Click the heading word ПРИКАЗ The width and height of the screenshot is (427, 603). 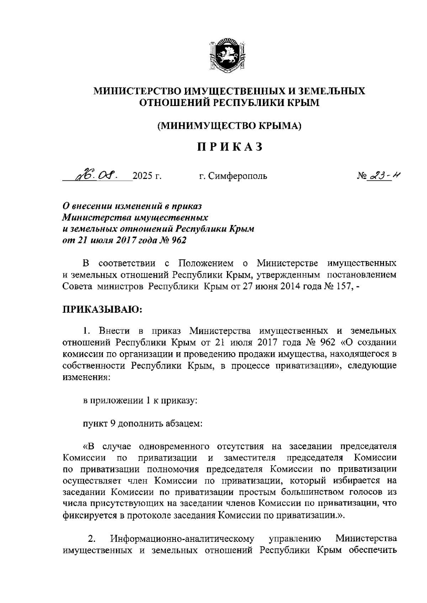point(230,147)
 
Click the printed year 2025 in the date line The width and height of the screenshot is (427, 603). point(141,176)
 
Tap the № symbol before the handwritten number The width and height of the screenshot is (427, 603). point(362,176)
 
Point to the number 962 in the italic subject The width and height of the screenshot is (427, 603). point(179,240)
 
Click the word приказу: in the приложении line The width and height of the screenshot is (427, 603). point(180,401)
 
